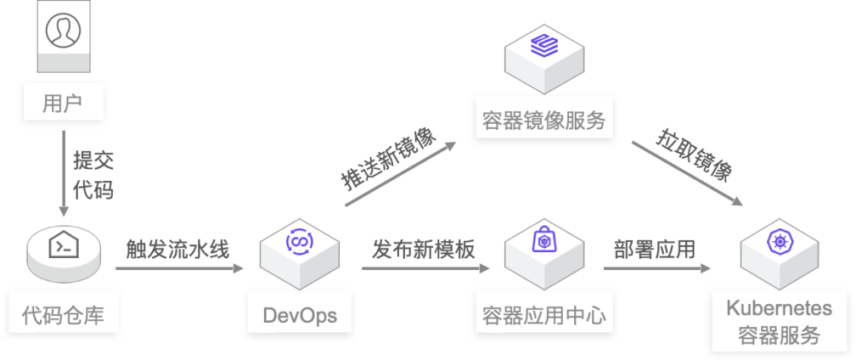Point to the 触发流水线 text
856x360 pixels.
click(x=177, y=249)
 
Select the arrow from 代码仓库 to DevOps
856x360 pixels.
click(x=179, y=269)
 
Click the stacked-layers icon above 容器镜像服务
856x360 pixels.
click(x=542, y=45)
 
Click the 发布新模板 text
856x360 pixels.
click(x=424, y=249)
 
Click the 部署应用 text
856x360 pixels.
click(x=654, y=249)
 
